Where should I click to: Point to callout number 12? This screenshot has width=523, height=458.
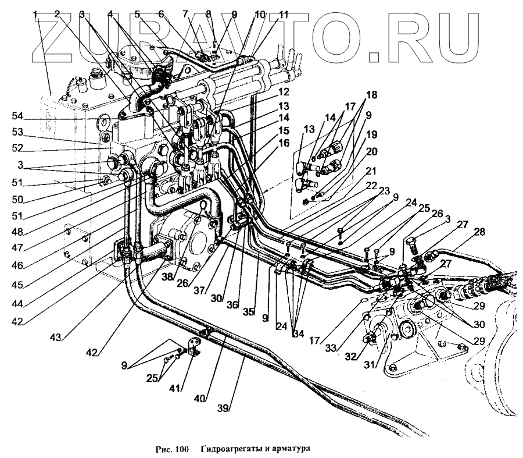[x=284, y=93]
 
